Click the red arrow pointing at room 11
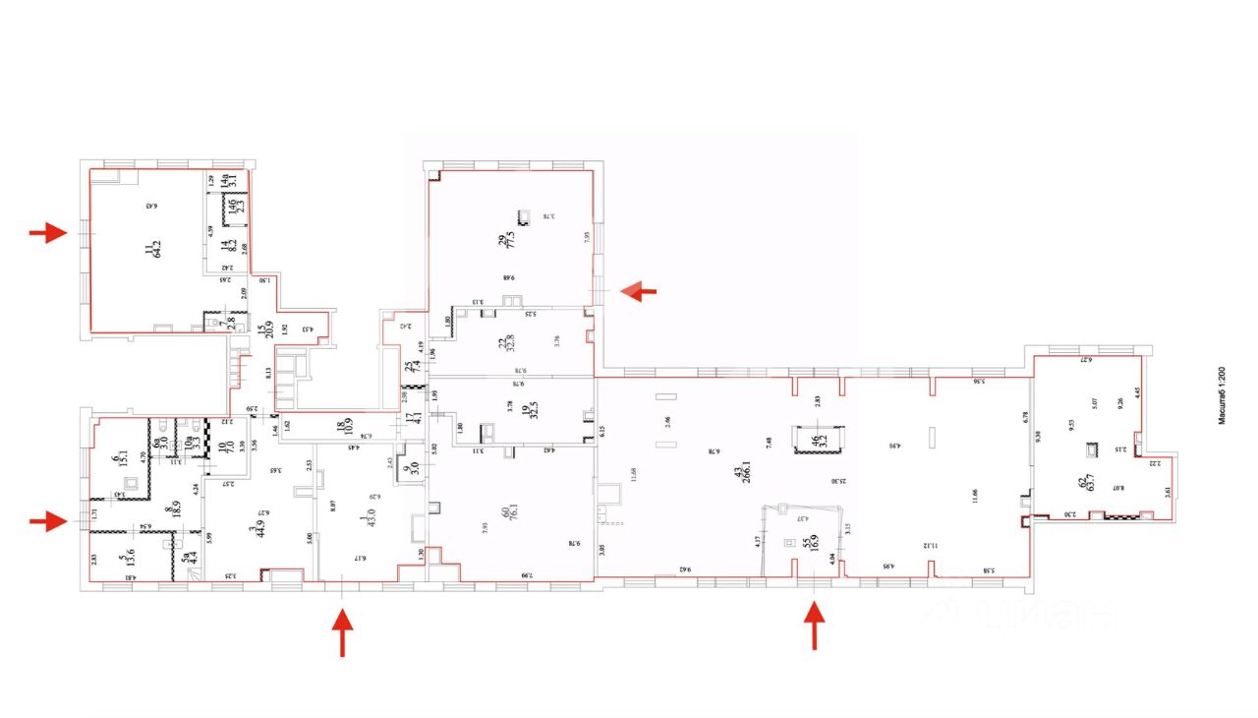point(47,233)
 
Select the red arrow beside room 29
point(641,290)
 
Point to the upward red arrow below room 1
point(343,632)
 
